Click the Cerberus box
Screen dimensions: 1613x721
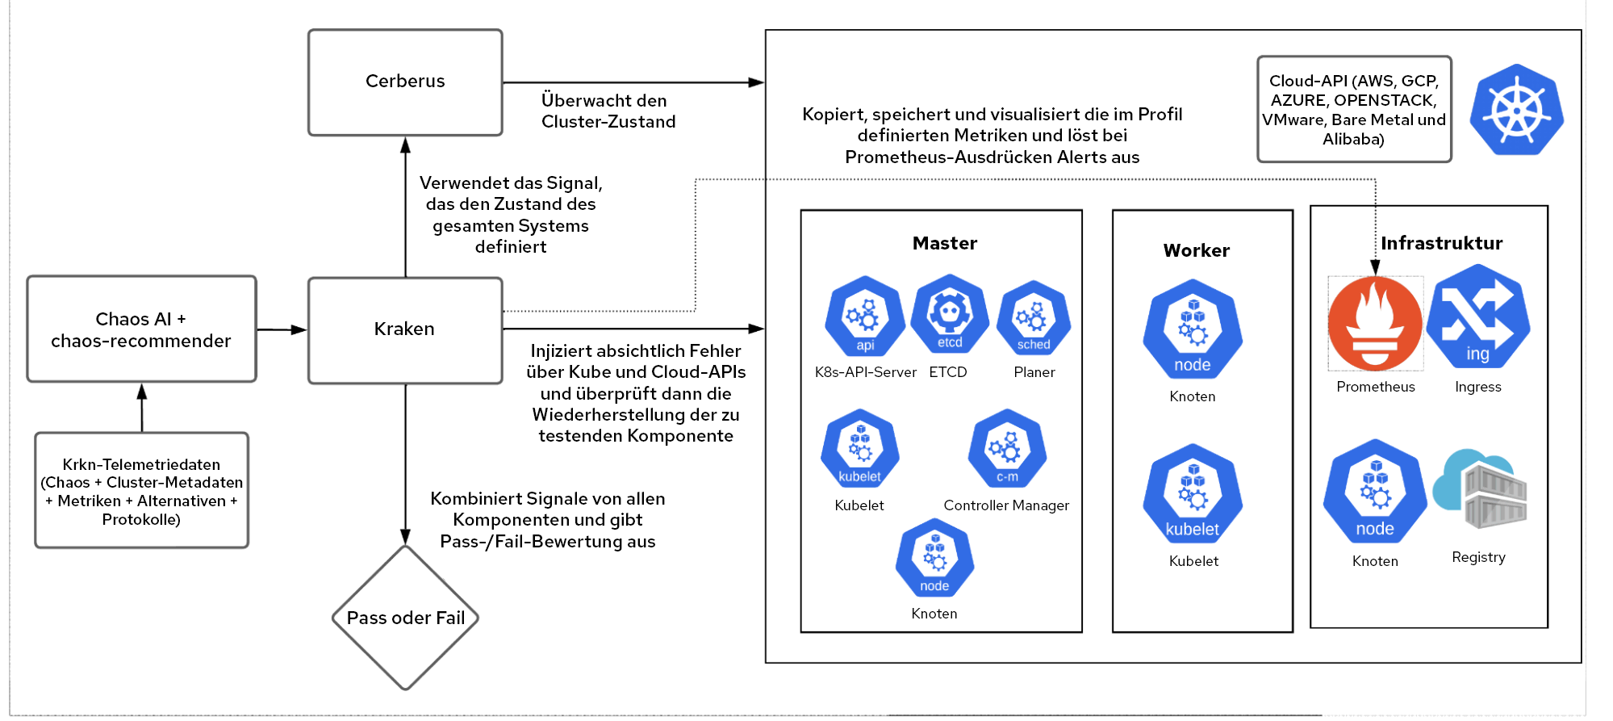tap(405, 82)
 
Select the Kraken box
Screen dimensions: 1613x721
tap(405, 330)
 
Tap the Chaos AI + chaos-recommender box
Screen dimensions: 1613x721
tap(141, 329)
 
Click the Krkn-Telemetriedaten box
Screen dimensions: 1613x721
tap(141, 490)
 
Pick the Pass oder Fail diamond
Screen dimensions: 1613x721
tap(405, 618)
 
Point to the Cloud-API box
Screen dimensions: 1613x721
tap(1354, 109)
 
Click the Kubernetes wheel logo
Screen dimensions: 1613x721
tap(1517, 110)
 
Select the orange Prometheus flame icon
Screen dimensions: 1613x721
tap(1375, 323)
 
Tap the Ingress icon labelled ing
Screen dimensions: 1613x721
tap(1477, 316)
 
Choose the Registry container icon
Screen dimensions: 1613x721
tap(1480, 489)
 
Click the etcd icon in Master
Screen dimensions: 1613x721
tap(950, 315)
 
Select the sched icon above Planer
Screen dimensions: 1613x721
tap(1034, 318)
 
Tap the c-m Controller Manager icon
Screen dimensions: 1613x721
tap(1007, 449)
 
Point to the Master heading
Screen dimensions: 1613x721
tap(945, 243)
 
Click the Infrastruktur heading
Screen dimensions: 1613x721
tap(1442, 243)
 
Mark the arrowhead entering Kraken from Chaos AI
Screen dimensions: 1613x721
tap(299, 329)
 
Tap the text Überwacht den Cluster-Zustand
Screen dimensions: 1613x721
tap(608, 111)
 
